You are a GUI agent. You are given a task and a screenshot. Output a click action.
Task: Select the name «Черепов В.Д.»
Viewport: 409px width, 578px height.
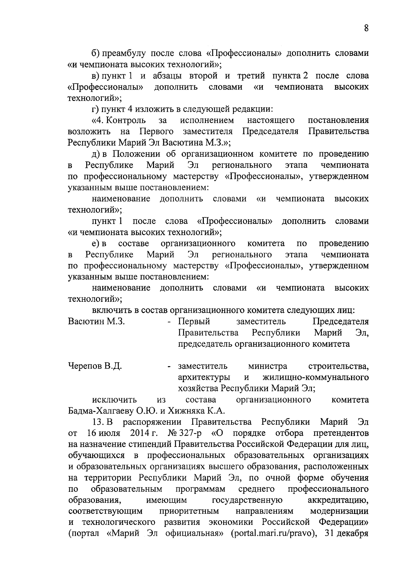[95, 366]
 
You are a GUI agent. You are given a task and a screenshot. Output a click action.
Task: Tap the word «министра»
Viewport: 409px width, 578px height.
[268, 366]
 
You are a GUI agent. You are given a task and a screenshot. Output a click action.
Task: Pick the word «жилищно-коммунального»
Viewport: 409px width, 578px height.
[316, 377]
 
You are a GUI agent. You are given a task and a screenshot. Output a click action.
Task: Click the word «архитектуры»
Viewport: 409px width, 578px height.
[204, 377]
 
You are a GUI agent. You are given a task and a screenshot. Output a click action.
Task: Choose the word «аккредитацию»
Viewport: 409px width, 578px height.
[338, 500]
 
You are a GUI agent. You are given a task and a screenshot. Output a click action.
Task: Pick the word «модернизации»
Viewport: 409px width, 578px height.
[339, 512]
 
